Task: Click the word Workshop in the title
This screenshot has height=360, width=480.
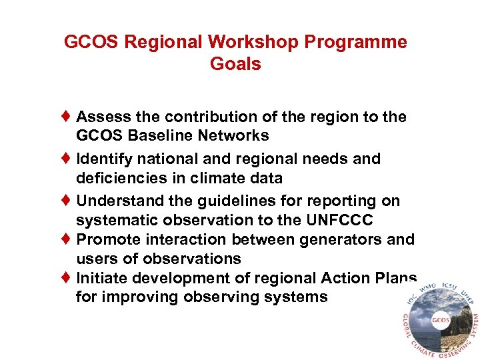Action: pos(253,43)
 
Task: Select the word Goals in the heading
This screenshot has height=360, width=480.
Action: pos(235,65)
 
